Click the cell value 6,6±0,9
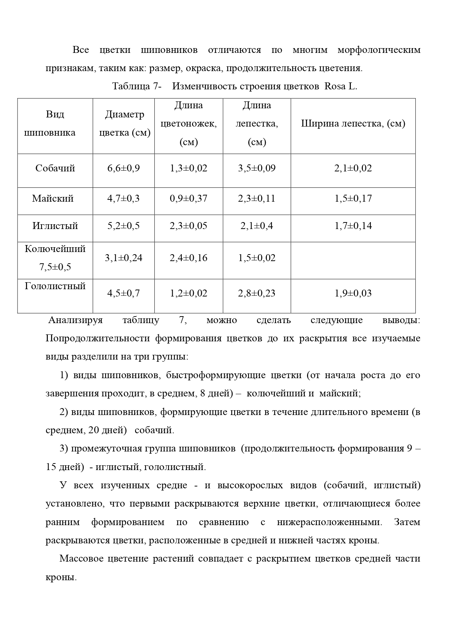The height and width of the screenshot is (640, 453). pyautogui.click(x=123, y=168)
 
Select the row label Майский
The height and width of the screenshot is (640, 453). pyautogui.click(x=53, y=199)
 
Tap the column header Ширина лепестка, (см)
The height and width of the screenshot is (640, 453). pyautogui.click(x=353, y=124)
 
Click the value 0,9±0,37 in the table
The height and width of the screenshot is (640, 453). pyautogui.click(x=188, y=199)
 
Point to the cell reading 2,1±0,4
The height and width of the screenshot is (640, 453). pyautogui.click(x=257, y=226)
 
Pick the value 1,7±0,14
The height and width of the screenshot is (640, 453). pyautogui.click(x=353, y=226)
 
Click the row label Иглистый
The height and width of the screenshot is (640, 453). pyautogui.click(x=55, y=226)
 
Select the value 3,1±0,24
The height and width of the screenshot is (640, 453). pyautogui.click(x=123, y=258)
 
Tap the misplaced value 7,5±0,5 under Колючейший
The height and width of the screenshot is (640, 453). pyautogui.click(x=55, y=267)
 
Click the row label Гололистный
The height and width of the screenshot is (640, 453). pyautogui.click(x=55, y=286)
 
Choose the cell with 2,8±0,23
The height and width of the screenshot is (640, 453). pyautogui.click(x=257, y=294)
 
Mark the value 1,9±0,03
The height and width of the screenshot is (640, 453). pyautogui.click(x=353, y=294)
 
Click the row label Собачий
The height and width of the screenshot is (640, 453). pyautogui.click(x=55, y=168)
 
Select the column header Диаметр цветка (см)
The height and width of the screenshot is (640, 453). pyautogui.click(x=124, y=124)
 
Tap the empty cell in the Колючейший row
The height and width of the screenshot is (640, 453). pyautogui.click(x=353, y=260)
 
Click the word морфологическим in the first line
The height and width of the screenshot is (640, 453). pyautogui.click(x=379, y=50)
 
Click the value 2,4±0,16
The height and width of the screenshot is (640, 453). pyautogui.click(x=188, y=258)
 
